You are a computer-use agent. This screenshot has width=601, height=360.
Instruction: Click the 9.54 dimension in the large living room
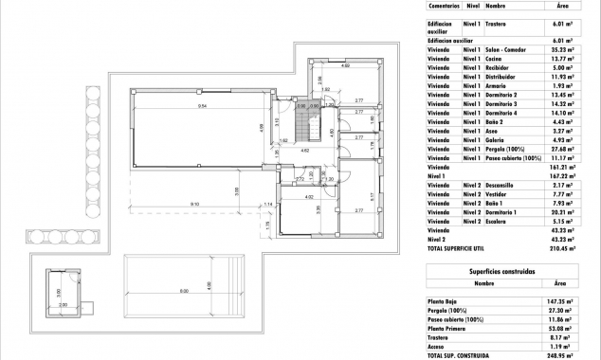pyautogui.click(x=202, y=106)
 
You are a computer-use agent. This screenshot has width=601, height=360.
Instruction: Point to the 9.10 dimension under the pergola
pyautogui.click(x=194, y=205)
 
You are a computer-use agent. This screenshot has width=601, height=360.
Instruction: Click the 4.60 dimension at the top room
pyautogui.click(x=345, y=66)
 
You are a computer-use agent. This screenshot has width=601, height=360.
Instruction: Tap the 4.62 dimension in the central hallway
pyautogui.click(x=304, y=151)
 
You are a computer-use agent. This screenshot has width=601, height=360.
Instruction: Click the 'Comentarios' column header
pyautogui.click(x=442, y=5)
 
